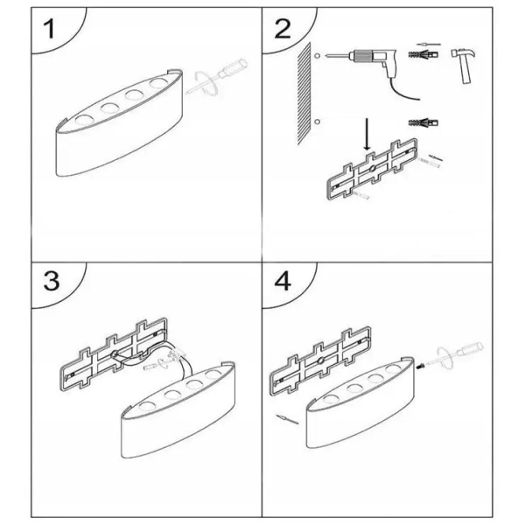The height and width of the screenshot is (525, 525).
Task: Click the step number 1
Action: [x=50, y=29]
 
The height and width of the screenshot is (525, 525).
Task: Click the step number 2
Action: [x=283, y=29]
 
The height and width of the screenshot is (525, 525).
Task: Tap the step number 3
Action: [x=52, y=281]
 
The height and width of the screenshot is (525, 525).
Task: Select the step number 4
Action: [x=283, y=281]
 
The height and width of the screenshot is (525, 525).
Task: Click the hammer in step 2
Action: [x=465, y=65]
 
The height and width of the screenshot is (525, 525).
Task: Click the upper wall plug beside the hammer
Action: [x=423, y=54]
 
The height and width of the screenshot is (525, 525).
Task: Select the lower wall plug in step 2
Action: [x=423, y=122]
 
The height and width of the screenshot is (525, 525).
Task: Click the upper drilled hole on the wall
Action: [x=318, y=56]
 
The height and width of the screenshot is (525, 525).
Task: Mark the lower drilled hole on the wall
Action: [x=318, y=122]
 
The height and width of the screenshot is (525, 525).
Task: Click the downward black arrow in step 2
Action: [x=367, y=134]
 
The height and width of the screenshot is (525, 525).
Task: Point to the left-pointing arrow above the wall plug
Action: [x=429, y=45]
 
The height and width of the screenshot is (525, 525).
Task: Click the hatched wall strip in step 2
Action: [x=304, y=94]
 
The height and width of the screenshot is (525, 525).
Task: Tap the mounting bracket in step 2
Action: [x=372, y=170]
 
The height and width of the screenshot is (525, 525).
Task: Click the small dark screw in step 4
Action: [x=418, y=367]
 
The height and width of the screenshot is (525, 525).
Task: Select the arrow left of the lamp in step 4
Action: [x=287, y=419]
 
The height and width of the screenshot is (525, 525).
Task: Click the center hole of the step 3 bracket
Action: [x=114, y=353]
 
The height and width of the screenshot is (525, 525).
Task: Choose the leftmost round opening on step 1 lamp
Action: [x=84, y=119]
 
